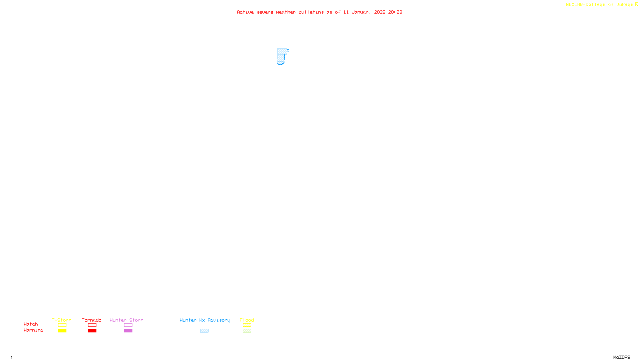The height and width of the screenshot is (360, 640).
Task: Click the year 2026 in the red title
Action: coord(380,12)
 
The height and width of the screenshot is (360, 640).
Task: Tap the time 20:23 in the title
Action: coord(395,12)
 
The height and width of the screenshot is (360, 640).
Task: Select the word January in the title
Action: coord(361,12)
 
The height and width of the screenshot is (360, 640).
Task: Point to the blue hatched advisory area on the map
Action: coord(282,55)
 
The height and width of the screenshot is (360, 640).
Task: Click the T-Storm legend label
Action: coord(62,320)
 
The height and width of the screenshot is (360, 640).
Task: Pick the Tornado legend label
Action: coord(92,320)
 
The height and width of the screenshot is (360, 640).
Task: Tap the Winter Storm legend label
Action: coord(126,320)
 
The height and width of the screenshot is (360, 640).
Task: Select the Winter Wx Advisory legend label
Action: coord(205,320)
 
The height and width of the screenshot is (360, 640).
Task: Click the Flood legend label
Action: coord(247,320)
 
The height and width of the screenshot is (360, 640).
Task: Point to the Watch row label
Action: coord(31,324)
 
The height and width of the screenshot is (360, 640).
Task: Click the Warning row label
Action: coord(34,330)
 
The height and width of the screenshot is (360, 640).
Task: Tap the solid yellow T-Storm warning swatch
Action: coord(62,331)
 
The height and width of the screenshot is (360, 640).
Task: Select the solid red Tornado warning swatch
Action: coord(92,331)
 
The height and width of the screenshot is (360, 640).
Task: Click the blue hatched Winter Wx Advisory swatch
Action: coord(204,331)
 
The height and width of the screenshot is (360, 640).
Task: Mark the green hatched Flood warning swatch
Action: coord(247,331)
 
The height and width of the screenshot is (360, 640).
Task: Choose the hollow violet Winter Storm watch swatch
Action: coord(128,325)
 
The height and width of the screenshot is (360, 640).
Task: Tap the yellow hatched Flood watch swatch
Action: coord(247,325)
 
